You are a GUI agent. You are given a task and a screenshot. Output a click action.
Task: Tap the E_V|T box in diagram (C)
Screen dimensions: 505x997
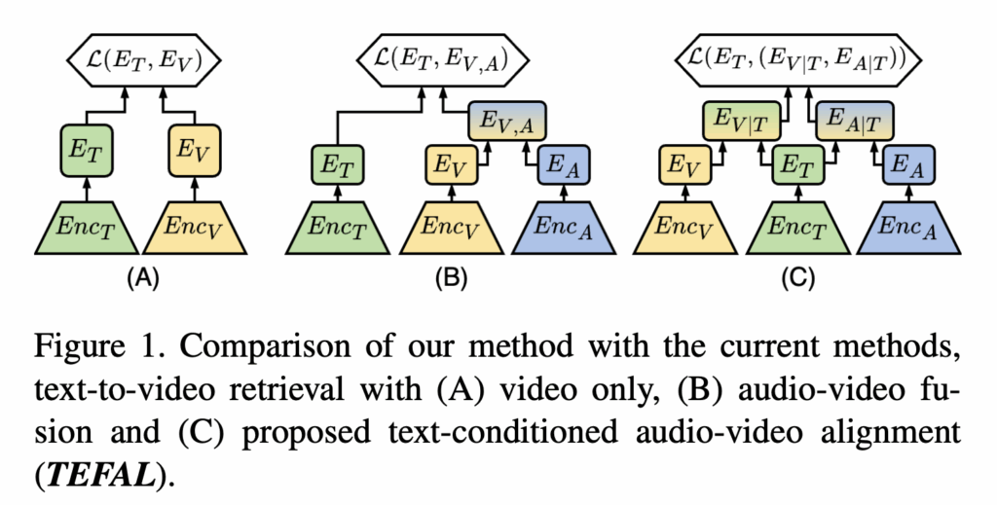coord(737,120)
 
